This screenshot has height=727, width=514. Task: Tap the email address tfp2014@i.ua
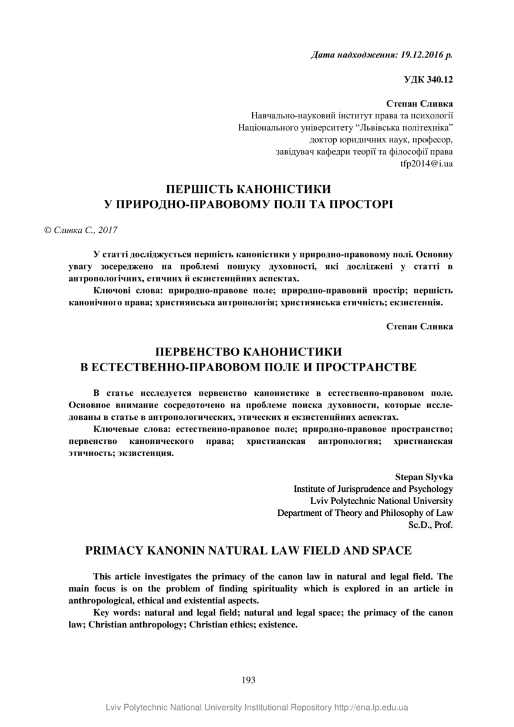tap(427, 164)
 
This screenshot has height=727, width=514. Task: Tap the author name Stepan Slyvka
tap(424, 477)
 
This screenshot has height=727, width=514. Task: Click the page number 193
tap(248, 680)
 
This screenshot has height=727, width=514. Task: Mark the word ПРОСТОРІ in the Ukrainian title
tap(360, 205)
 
